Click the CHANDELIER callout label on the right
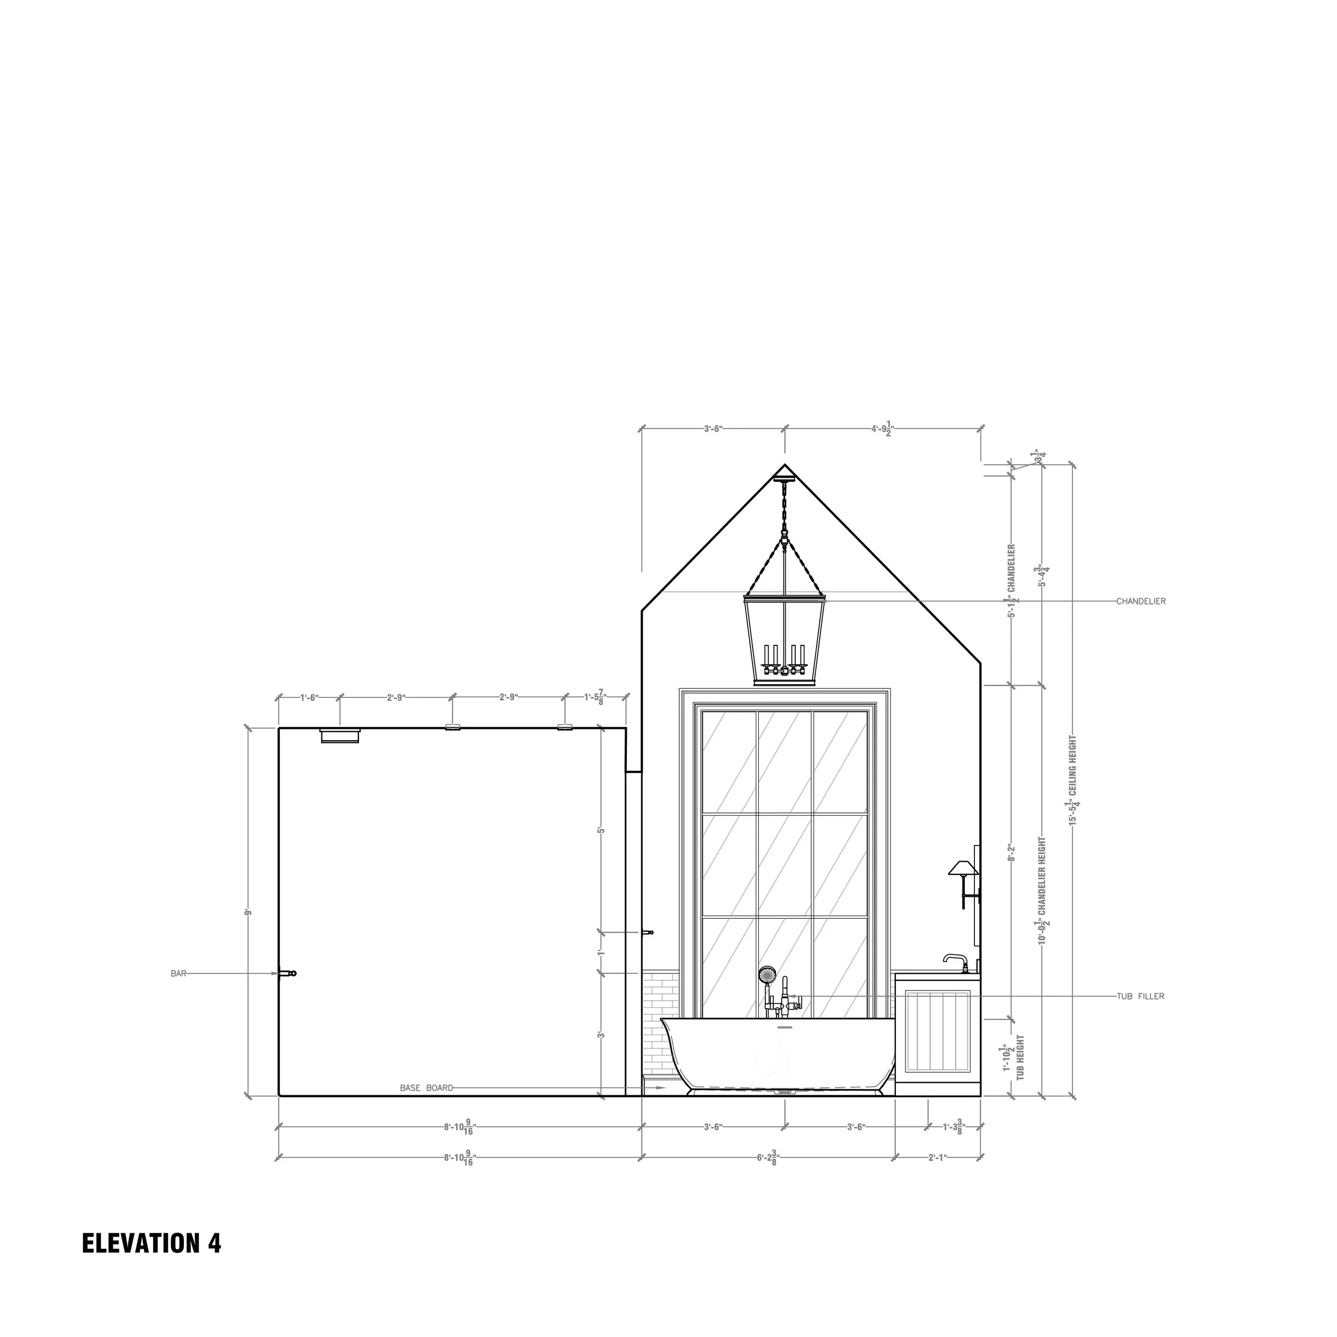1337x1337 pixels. pos(1141,601)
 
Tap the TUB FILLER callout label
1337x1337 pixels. pos(1140,996)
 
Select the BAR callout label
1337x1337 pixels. pos(179,974)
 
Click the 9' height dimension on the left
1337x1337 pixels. pos(247,912)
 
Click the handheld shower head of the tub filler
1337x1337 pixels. pos(767,974)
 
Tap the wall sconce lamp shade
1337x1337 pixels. pos(962,868)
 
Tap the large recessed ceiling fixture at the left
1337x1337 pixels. pos(340,735)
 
